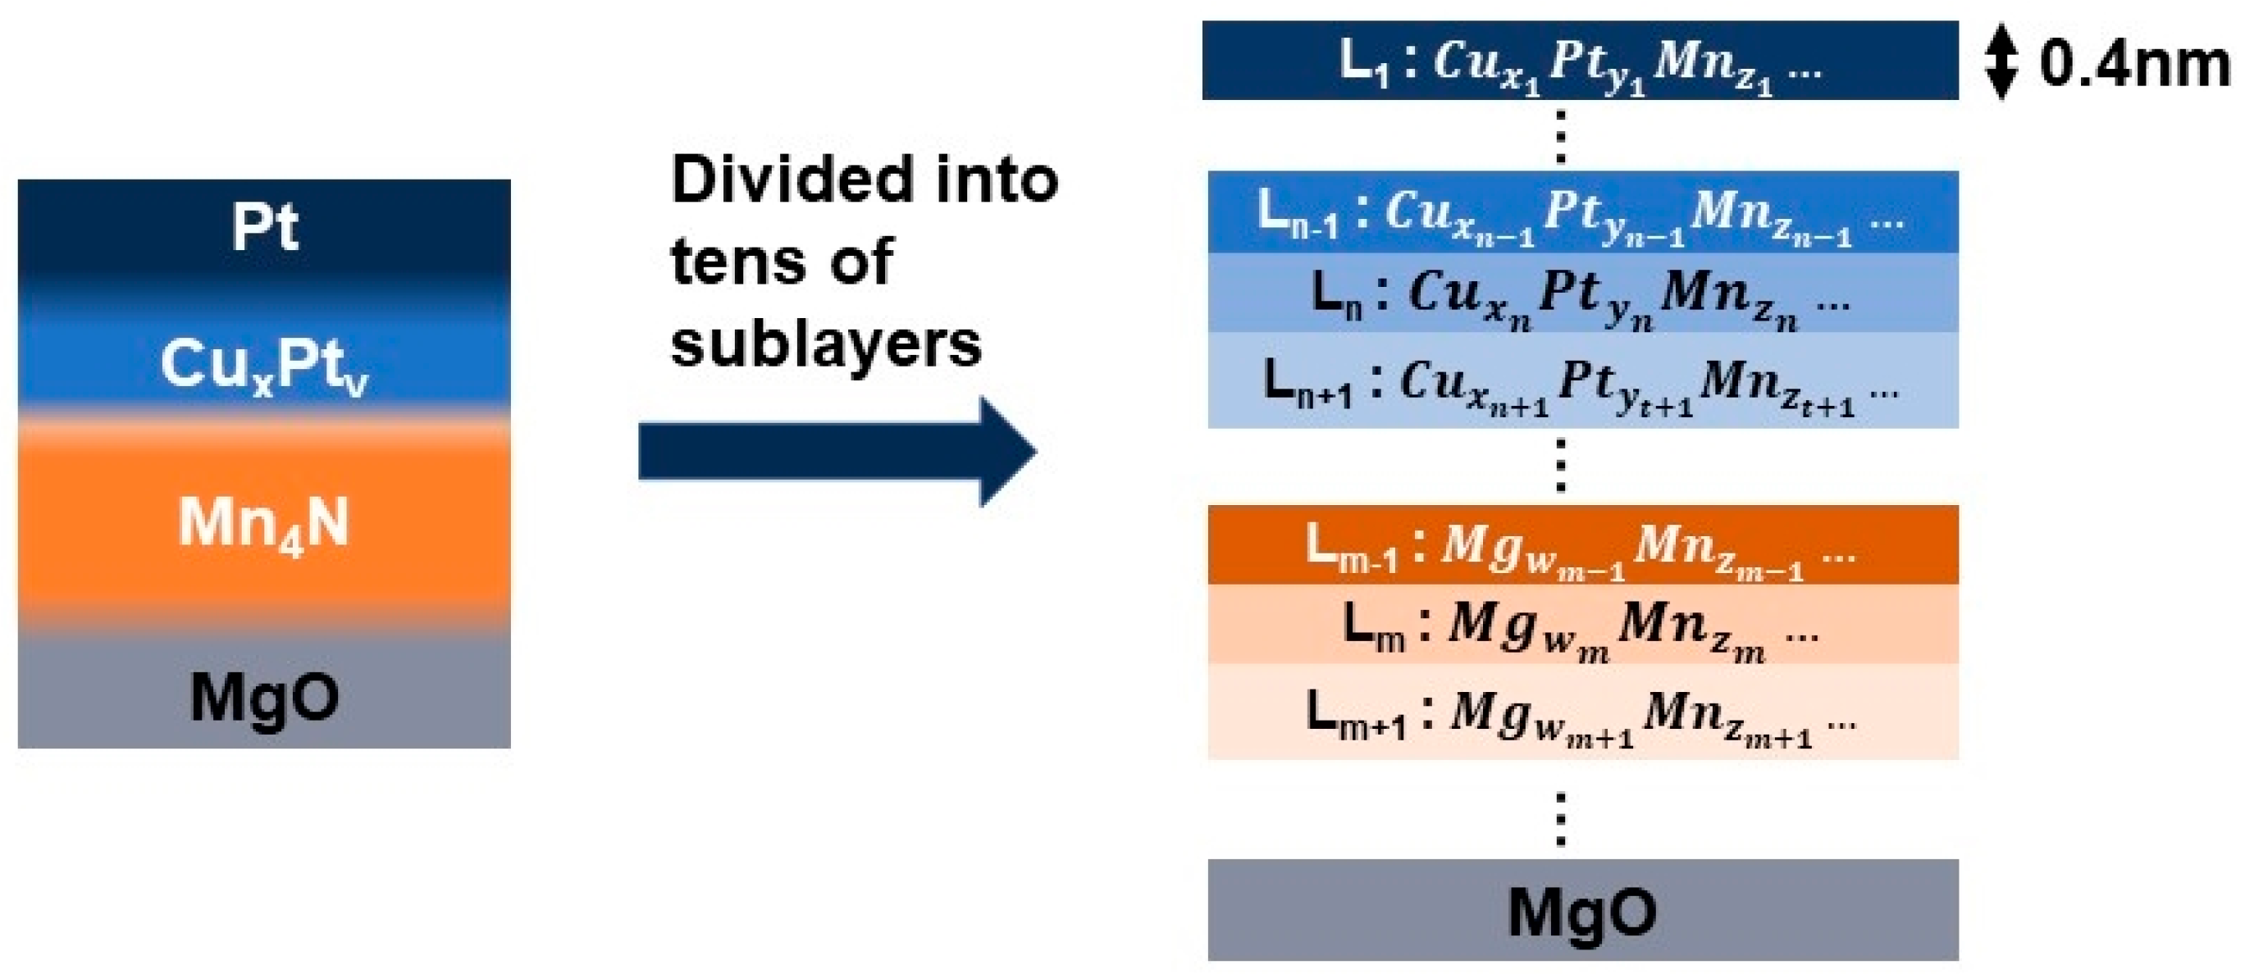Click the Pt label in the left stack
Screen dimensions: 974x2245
265,227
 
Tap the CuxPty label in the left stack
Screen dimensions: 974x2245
265,365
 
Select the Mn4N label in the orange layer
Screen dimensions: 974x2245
264,523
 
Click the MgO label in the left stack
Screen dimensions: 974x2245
264,697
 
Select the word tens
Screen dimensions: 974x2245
737,262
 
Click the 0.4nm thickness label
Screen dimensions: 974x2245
2134,64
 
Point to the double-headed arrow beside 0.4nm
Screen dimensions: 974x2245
2002,61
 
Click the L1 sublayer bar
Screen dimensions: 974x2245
1580,61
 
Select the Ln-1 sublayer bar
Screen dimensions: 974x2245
1583,212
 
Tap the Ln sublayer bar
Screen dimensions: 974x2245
1583,293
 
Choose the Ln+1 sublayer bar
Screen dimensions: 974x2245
1583,380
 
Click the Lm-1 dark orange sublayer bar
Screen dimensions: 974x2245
1583,545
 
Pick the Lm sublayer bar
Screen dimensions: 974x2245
1583,625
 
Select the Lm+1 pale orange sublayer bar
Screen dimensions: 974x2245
1583,712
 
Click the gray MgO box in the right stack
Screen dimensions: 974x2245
1583,910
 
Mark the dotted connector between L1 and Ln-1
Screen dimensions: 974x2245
1560,136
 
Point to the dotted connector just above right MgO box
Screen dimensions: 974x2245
1560,819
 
